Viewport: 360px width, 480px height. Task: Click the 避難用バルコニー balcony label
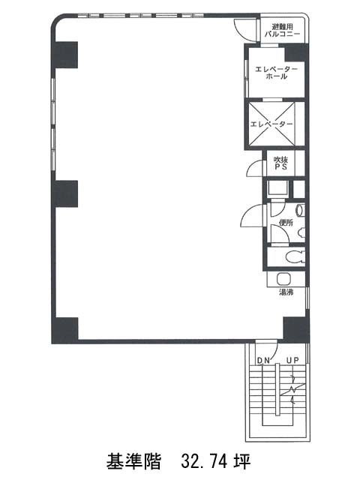(x=282, y=31)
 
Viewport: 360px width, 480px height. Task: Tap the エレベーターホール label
(x=276, y=73)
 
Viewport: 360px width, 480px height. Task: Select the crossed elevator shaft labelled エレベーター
(x=271, y=124)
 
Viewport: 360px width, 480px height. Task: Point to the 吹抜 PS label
(x=280, y=163)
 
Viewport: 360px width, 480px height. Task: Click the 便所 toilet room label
(x=286, y=223)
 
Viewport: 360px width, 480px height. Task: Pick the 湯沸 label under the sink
(x=286, y=292)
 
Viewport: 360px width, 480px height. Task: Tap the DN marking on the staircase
(x=263, y=361)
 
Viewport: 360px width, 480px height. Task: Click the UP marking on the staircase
(x=292, y=360)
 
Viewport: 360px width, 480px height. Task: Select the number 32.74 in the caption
(x=204, y=462)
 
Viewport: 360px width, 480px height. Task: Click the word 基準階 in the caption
(x=133, y=462)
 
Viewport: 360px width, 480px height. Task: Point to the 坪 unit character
(x=242, y=462)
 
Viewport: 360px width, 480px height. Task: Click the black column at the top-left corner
(x=64, y=55)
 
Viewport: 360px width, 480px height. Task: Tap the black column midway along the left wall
(x=64, y=194)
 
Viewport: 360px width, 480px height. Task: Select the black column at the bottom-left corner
(x=64, y=331)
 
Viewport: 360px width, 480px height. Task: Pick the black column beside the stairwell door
(x=295, y=330)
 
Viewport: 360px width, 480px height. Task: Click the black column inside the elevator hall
(x=296, y=53)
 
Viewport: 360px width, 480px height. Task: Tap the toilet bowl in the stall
(x=295, y=256)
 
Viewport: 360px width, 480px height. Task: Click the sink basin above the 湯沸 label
(x=282, y=279)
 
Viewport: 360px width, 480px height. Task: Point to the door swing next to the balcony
(x=245, y=30)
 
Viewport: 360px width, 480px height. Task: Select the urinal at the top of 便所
(x=301, y=210)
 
